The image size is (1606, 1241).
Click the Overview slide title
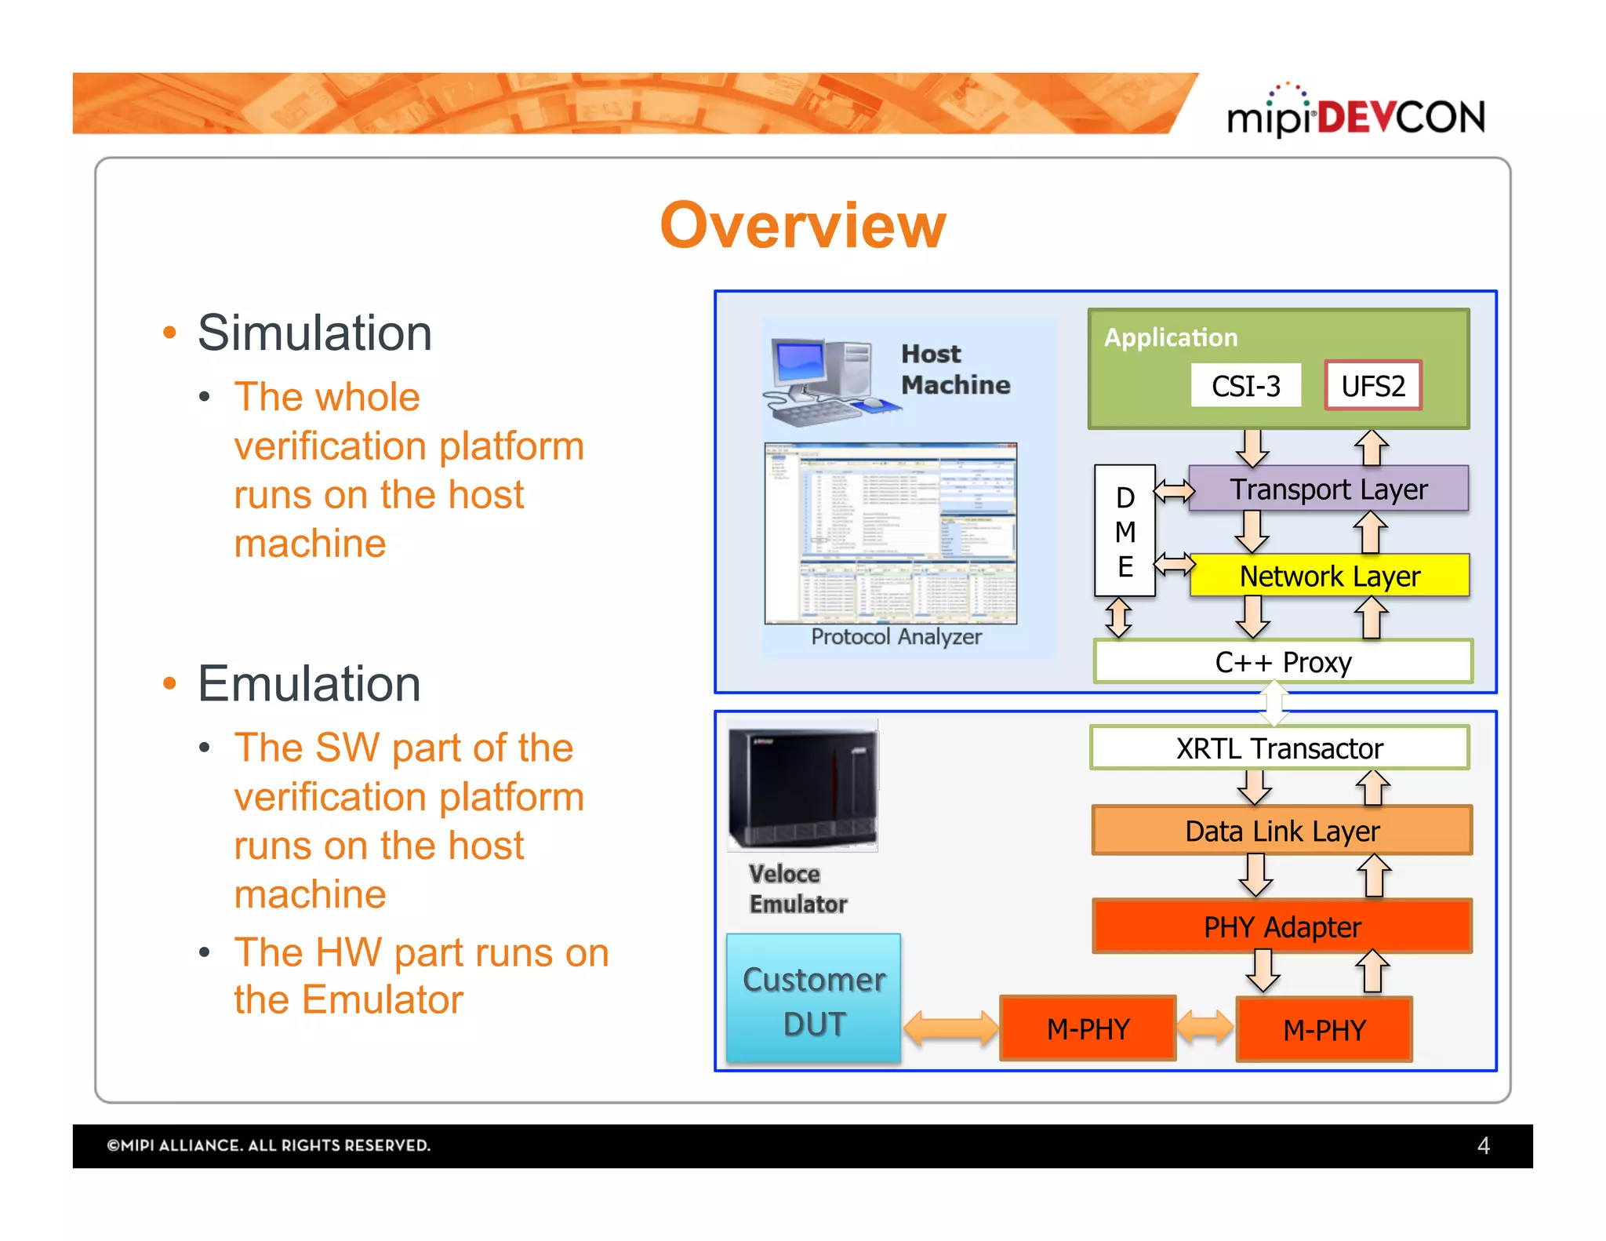[x=803, y=225]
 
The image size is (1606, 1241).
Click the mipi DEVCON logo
[x=1355, y=114]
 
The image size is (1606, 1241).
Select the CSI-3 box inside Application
[x=1245, y=385]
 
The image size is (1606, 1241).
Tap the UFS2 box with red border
[x=1372, y=385]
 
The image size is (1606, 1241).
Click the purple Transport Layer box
[x=1328, y=489]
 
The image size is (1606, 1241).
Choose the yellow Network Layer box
[x=1329, y=576]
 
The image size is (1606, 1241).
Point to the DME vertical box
[x=1125, y=531]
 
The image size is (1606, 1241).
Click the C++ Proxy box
[x=1283, y=662]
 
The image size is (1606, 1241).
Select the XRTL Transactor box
[x=1279, y=748]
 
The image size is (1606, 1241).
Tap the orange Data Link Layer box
[x=1282, y=830]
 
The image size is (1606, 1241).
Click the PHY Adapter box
[x=1282, y=926]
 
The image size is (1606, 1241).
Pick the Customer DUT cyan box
[x=813, y=999]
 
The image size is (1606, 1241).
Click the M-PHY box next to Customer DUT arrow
[x=1088, y=1028]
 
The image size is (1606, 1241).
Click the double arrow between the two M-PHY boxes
[x=1205, y=1027]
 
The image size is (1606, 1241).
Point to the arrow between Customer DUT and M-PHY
[x=950, y=1028]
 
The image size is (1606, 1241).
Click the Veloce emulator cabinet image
[x=802, y=785]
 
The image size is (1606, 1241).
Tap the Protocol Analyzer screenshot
[x=890, y=533]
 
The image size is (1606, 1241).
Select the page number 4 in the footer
[x=1483, y=1145]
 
